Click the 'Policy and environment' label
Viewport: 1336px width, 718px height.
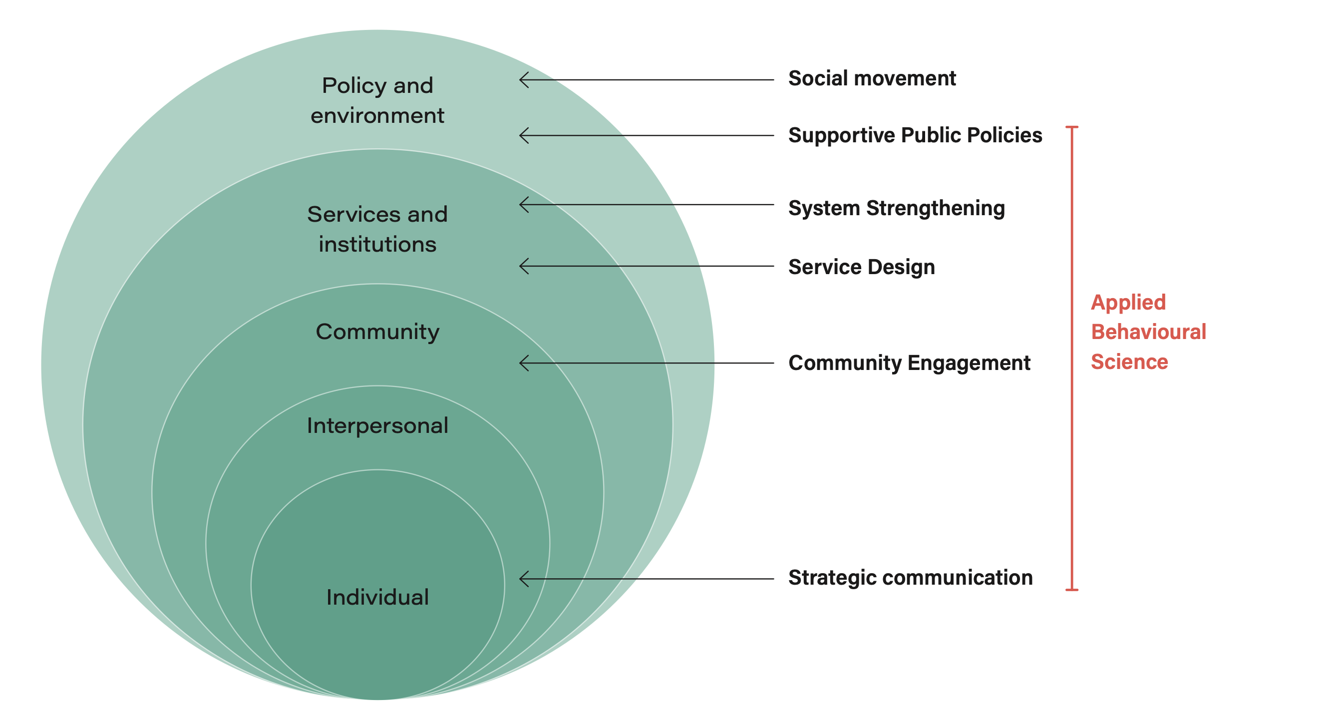(x=377, y=100)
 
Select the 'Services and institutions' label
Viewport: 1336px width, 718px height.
(x=377, y=229)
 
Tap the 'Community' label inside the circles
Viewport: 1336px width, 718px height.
(x=377, y=332)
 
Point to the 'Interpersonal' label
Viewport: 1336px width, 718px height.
(x=377, y=426)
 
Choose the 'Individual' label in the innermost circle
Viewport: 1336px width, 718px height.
(x=377, y=597)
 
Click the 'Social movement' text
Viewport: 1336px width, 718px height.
(x=872, y=78)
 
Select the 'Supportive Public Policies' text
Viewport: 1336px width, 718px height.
(x=915, y=135)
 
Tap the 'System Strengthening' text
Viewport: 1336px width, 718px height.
(x=896, y=208)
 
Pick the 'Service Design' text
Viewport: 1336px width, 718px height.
(x=861, y=267)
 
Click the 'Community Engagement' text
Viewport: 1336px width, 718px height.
(x=909, y=363)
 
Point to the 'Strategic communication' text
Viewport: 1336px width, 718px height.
(x=910, y=577)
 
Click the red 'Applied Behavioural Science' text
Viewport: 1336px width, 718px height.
(x=1148, y=332)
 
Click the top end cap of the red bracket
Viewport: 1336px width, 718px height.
(x=1072, y=127)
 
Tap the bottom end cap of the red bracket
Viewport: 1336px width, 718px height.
(x=1072, y=590)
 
